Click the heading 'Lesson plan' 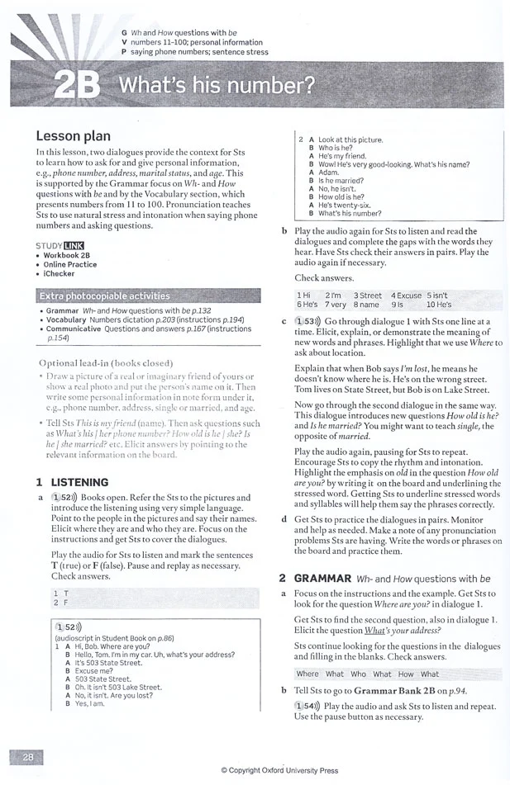[x=73, y=135]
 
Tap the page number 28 [x=28, y=756]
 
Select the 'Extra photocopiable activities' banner [x=104, y=295]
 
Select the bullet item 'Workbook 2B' [x=69, y=255]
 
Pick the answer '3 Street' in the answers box [x=367, y=295]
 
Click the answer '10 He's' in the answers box [x=442, y=305]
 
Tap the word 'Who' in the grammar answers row [x=358, y=674]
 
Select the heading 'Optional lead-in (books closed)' [x=105, y=362]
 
